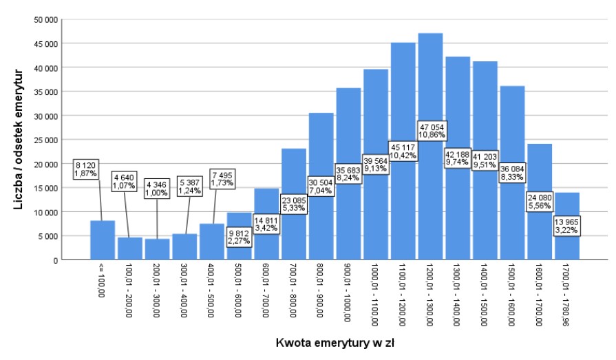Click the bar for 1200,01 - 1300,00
tap(430, 193)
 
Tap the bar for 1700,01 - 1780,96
tap(566, 244)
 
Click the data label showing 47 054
tap(430, 132)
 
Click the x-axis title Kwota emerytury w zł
tap(334, 342)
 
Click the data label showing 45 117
tap(403, 151)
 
